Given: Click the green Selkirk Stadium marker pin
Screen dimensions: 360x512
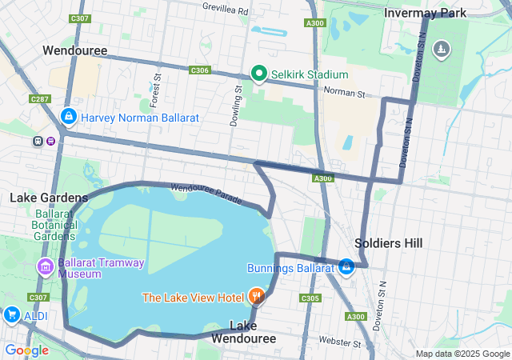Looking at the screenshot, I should pyautogui.click(x=258, y=74).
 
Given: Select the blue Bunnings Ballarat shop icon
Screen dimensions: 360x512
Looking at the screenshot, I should pyautogui.click(x=346, y=267).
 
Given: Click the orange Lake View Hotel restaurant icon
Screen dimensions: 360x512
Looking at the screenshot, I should pyautogui.click(x=256, y=297).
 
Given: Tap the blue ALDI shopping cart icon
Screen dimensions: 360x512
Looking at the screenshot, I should pyautogui.click(x=11, y=315).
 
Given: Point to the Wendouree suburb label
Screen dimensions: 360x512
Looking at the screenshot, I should pyautogui.click(x=75, y=50).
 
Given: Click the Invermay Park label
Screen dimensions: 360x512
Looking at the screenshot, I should pyautogui.click(x=424, y=14).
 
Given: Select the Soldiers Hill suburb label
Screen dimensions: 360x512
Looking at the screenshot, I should pyautogui.click(x=388, y=242).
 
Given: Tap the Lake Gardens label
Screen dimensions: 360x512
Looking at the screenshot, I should pyautogui.click(x=49, y=198).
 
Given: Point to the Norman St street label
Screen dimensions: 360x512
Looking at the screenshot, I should pyautogui.click(x=344, y=94).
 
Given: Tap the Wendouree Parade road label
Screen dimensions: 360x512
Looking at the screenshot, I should pyautogui.click(x=206, y=192).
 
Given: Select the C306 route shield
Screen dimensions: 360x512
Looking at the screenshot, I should pyautogui.click(x=199, y=70).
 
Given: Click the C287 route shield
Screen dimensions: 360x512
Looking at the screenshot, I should pyautogui.click(x=38, y=98).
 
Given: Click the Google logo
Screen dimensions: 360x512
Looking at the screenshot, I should pyautogui.click(x=26, y=350).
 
